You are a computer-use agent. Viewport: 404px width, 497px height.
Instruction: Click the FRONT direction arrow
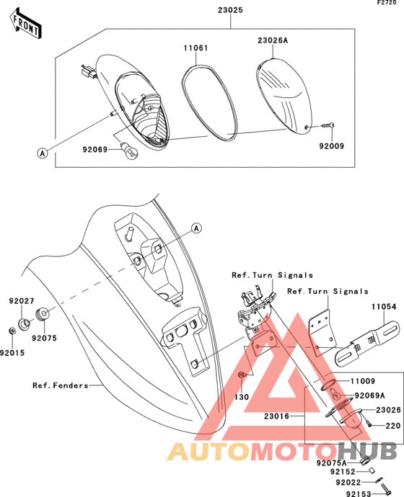click(x=26, y=24)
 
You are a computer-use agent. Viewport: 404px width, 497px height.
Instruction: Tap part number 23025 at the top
click(x=230, y=10)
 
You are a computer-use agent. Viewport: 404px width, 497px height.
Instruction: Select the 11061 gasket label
click(x=196, y=48)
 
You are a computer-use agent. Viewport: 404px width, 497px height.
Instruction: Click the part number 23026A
click(x=273, y=40)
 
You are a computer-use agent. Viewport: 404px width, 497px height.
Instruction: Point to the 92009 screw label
click(x=332, y=146)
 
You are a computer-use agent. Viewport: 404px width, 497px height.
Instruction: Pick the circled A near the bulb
click(x=43, y=153)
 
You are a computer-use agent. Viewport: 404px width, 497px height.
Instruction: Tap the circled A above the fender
click(x=197, y=228)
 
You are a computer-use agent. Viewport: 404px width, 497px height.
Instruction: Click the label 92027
click(x=21, y=301)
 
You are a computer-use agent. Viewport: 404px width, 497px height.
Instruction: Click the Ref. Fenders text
click(x=61, y=385)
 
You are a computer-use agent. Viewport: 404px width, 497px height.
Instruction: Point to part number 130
click(x=242, y=397)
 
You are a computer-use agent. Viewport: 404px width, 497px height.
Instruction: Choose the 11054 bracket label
click(x=384, y=307)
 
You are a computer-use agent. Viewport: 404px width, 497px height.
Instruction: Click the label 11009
click(x=363, y=381)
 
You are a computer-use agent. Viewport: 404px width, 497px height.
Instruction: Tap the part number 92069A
click(x=369, y=395)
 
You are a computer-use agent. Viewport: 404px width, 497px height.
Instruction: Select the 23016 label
click(x=276, y=416)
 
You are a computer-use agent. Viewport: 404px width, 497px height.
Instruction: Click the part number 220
click(x=393, y=426)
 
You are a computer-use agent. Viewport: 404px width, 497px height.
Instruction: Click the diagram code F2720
click(x=387, y=3)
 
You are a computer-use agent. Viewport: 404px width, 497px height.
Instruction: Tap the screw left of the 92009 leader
click(x=328, y=125)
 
